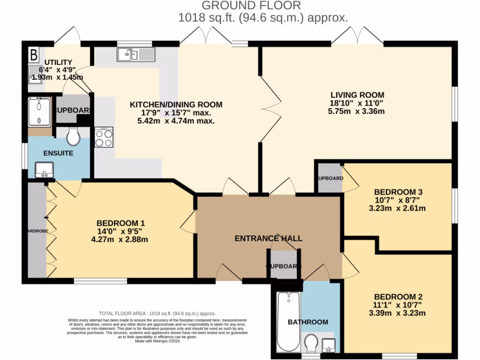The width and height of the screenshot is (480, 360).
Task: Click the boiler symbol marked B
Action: (x=33, y=54)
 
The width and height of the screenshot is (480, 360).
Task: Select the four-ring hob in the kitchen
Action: (x=104, y=137)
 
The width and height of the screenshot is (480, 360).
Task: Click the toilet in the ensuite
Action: (x=73, y=136)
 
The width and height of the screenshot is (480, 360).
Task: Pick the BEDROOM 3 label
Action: (x=398, y=192)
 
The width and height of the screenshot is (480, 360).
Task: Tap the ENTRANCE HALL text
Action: (x=268, y=238)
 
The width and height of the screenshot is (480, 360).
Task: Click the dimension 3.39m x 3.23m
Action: (x=397, y=313)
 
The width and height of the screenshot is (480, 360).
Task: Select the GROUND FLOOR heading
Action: (x=251, y=6)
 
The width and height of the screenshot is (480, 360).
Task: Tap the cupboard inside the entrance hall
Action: (x=284, y=265)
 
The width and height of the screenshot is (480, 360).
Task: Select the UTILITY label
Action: (x=58, y=62)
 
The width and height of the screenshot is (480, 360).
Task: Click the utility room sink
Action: (x=36, y=75)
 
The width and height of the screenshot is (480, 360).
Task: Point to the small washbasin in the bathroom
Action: (x=329, y=345)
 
